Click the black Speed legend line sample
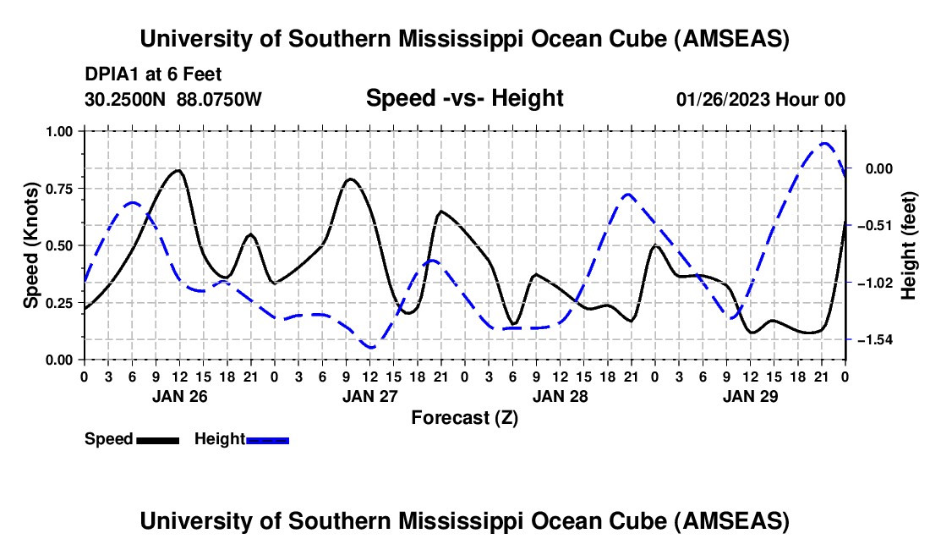click(157, 439)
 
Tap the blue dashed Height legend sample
click(267, 439)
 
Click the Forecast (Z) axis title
click(464, 417)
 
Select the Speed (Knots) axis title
click(31, 245)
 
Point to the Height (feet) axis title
click(910, 245)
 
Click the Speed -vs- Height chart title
click(464, 99)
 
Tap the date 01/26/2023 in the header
click(724, 100)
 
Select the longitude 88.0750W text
click(219, 100)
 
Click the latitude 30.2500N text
click(127, 100)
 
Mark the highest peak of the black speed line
click(178, 170)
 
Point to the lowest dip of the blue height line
click(371, 348)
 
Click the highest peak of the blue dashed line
click(824, 144)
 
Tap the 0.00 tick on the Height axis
click(881, 169)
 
